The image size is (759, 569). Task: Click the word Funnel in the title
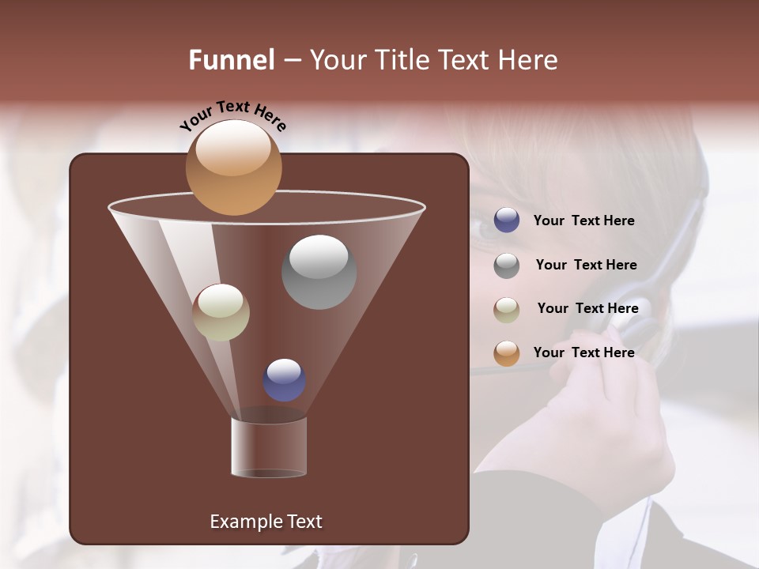click(232, 60)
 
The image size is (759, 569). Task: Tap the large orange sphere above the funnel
click(234, 168)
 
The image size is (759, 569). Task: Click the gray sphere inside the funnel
click(319, 272)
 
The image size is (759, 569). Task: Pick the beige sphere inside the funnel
click(221, 312)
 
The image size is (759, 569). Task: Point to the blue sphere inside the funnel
click(285, 380)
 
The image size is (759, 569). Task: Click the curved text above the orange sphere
click(233, 115)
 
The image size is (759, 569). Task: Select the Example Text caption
click(266, 522)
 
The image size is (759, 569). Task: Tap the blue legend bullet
click(507, 220)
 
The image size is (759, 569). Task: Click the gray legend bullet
click(507, 266)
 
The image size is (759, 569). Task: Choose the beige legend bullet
click(507, 310)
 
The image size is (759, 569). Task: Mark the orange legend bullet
click(507, 353)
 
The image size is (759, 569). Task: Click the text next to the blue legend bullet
click(583, 220)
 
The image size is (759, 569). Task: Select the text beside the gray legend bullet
click(586, 265)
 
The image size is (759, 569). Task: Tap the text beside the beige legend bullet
click(587, 308)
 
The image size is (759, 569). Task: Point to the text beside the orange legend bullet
click(583, 352)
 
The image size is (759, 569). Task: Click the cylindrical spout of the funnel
click(269, 447)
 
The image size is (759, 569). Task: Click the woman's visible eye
click(484, 229)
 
